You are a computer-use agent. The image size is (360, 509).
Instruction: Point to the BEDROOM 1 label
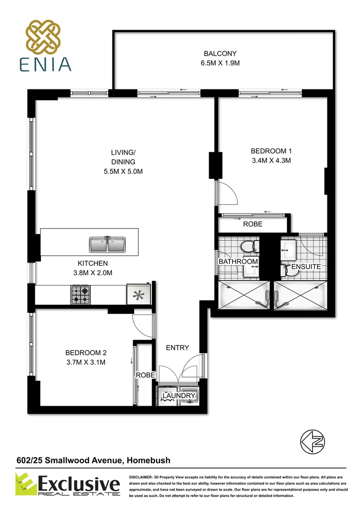click(271, 151)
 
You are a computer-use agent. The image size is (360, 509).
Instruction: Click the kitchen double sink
click(108, 244)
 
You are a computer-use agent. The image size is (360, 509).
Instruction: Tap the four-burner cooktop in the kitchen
click(80, 295)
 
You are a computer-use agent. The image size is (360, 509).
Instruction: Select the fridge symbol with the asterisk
click(138, 295)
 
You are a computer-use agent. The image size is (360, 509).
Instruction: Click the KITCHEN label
click(93, 263)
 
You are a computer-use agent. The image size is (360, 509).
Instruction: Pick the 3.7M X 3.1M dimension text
click(85, 362)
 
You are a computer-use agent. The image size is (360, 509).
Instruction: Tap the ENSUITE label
click(306, 267)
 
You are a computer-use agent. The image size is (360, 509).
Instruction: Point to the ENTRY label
click(178, 348)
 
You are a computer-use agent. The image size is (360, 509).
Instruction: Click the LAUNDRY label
click(180, 396)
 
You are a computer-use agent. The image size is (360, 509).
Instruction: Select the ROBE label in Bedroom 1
click(253, 224)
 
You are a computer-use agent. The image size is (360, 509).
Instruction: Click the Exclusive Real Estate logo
click(68, 485)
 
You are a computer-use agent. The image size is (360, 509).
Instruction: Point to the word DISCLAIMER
click(142, 477)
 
